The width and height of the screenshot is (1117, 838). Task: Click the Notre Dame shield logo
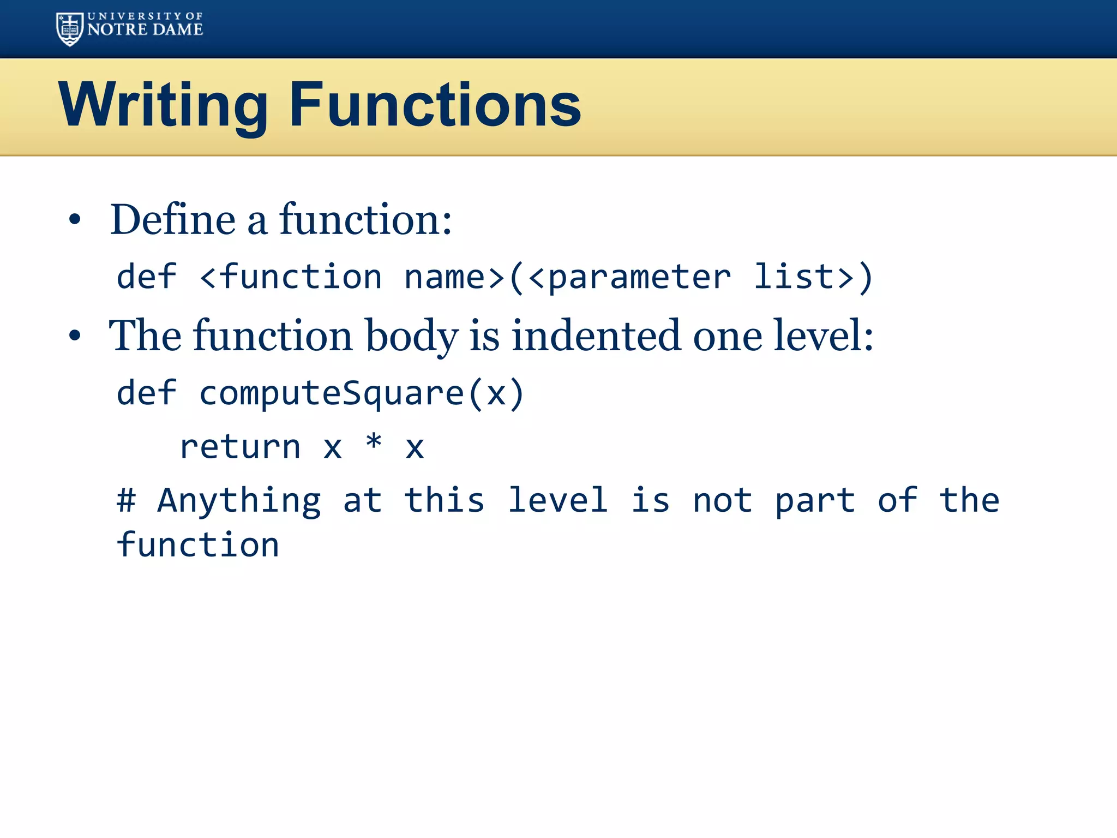point(70,29)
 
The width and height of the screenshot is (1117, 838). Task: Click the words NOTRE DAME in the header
point(145,30)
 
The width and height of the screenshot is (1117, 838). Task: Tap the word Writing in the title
point(163,105)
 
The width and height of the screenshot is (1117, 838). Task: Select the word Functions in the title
point(435,105)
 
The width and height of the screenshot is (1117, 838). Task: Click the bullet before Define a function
point(75,220)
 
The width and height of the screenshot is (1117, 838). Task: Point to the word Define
point(173,220)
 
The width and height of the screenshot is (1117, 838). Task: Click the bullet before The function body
point(75,336)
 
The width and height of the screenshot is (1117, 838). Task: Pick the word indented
point(596,336)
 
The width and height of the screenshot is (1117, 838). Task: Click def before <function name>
point(146,277)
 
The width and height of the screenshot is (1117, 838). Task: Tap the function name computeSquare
point(331,393)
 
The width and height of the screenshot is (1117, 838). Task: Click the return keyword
point(240,447)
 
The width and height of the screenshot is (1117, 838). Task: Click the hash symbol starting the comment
point(126,500)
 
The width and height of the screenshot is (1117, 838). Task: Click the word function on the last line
point(198,545)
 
